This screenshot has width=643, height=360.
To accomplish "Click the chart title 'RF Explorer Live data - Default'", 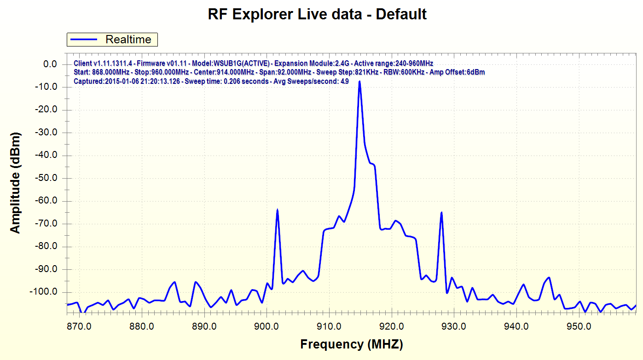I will tap(317, 14).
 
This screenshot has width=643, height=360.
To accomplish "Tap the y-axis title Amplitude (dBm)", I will tap(16, 183).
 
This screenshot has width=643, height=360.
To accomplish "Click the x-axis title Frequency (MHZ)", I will tap(352, 344).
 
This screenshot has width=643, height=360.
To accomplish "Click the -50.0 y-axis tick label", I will tap(46, 178).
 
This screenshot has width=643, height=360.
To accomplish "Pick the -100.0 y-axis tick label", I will tap(44, 292).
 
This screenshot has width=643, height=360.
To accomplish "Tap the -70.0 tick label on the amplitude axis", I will tap(46, 224).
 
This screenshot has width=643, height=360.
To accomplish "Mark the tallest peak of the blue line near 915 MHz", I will tap(359, 81).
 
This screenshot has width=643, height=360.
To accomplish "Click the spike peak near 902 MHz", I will tap(277, 210).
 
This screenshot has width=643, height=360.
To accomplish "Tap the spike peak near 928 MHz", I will tap(441, 213).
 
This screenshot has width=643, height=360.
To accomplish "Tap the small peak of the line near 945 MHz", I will tap(549, 278).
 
